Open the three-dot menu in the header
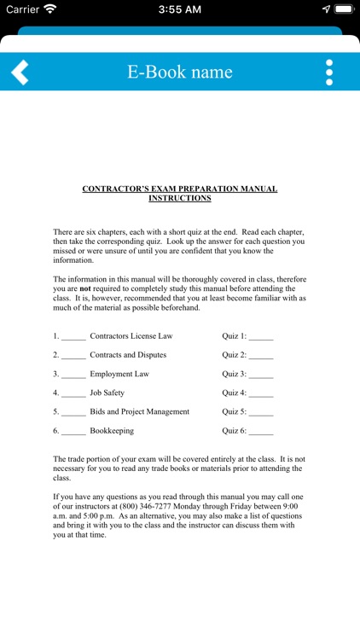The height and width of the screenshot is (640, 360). (x=329, y=72)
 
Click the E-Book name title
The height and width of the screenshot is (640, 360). (x=180, y=72)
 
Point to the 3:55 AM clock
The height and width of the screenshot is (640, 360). (x=180, y=9)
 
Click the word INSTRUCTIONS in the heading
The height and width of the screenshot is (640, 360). (x=180, y=198)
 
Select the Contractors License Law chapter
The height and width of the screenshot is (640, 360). (x=131, y=336)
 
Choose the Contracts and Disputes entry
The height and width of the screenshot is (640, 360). (x=128, y=355)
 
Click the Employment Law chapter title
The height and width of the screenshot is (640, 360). (x=119, y=374)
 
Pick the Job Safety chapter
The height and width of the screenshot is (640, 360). (x=107, y=393)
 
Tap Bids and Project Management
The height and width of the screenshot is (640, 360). (x=140, y=411)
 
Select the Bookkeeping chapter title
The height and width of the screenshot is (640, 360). (x=112, y=431)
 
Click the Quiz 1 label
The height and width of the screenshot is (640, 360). (x=234, y=336)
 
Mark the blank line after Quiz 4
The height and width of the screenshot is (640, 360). (x=261, y=394)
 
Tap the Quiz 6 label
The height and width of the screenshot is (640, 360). (x=234, y=431)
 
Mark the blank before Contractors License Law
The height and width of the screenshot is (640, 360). (x=73, y=338)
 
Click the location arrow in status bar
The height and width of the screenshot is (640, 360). (x=326, y=9)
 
